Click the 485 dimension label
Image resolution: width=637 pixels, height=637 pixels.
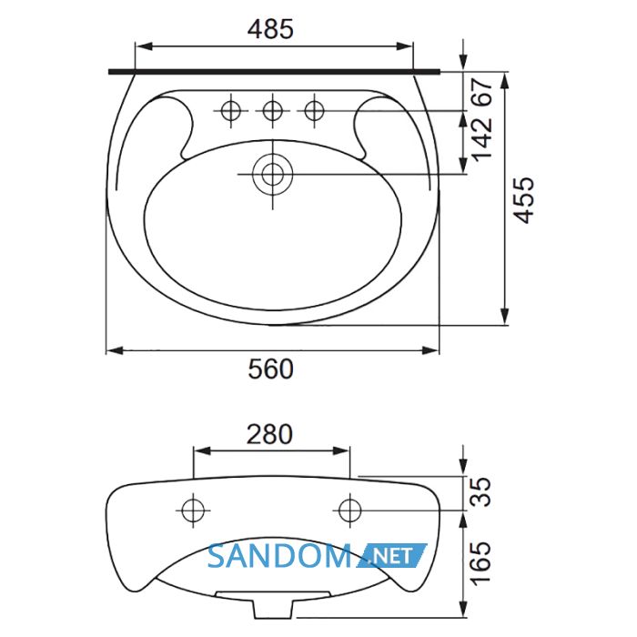tap(270, 30)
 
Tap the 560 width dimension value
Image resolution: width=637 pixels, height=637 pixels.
tap(270, 369)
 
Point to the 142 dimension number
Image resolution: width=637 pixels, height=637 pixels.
tap(482, 137)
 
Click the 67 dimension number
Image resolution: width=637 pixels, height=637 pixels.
tap(482, 93)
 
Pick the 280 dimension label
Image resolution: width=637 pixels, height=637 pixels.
tap(269, 434)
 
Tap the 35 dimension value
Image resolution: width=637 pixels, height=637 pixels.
tap(481, 492)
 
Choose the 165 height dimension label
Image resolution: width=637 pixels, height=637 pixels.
tap(481, 562)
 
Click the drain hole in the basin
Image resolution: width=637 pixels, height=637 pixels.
tap(273, 174)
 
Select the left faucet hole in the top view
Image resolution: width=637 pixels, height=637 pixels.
tap(231, 110)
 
